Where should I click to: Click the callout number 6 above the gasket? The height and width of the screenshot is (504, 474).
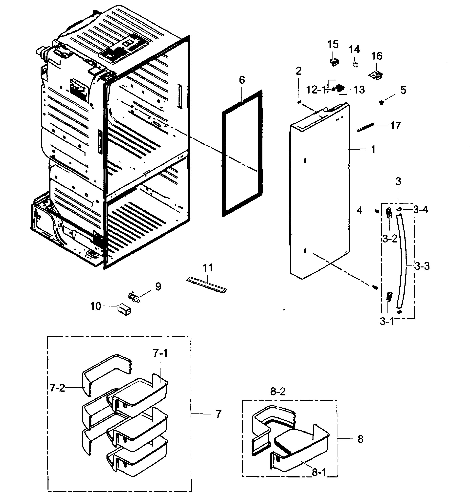coord(242,80)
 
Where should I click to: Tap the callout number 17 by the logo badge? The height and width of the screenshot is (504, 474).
coord(395,125)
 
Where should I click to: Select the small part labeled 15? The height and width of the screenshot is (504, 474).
coord(334,62)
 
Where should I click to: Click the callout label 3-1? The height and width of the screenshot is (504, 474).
coord(387,322)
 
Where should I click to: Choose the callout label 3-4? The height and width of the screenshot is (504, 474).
coord(421,210)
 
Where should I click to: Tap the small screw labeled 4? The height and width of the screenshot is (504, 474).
coord(377,211)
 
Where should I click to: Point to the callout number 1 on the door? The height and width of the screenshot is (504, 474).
coord(373,150)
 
